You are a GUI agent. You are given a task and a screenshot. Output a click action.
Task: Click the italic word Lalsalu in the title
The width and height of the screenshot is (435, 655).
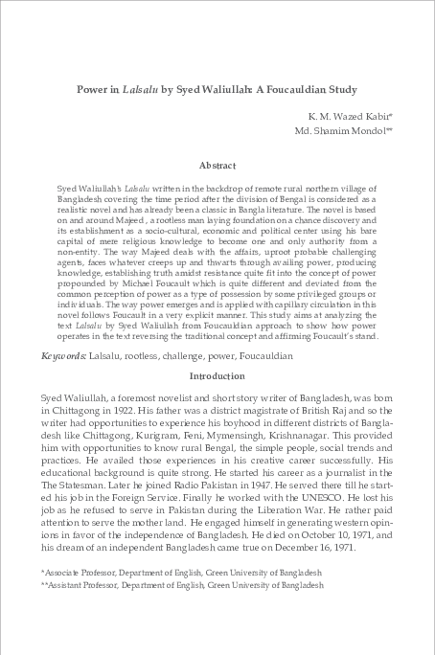(x=136, y=89)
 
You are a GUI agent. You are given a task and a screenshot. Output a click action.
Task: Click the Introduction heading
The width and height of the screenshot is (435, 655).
(x=217, y=376)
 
